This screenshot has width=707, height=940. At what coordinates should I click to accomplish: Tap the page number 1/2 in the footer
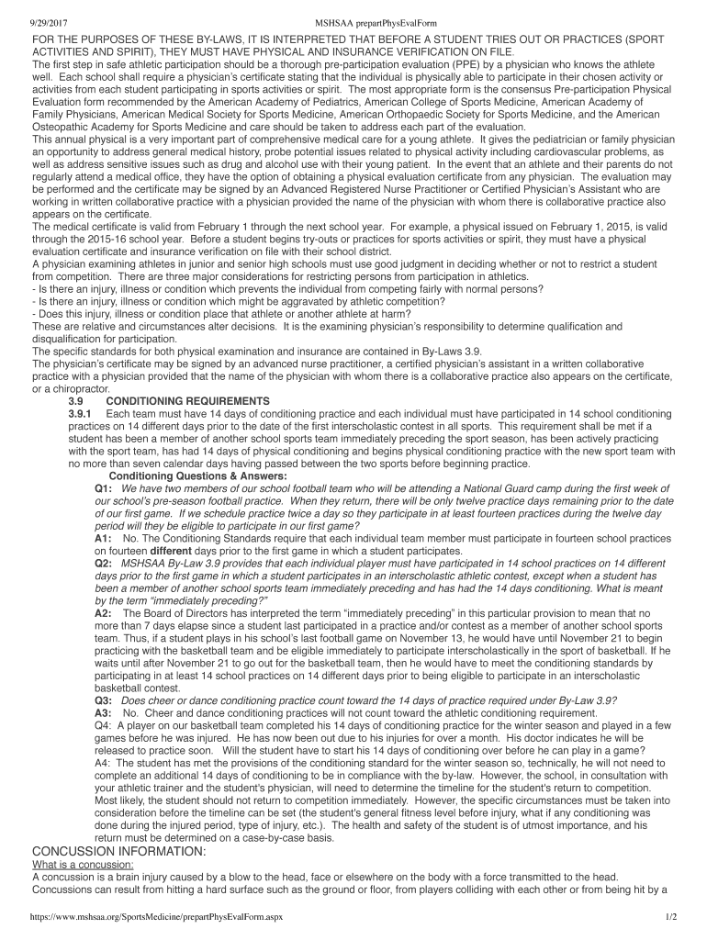pyautogui.click(x=670, y=917)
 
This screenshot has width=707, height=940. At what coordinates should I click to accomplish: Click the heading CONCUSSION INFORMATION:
pyautogui.click(x=118, y=851)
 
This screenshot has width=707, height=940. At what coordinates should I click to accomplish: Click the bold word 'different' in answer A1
pyautogui.click(x=149, y=552)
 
